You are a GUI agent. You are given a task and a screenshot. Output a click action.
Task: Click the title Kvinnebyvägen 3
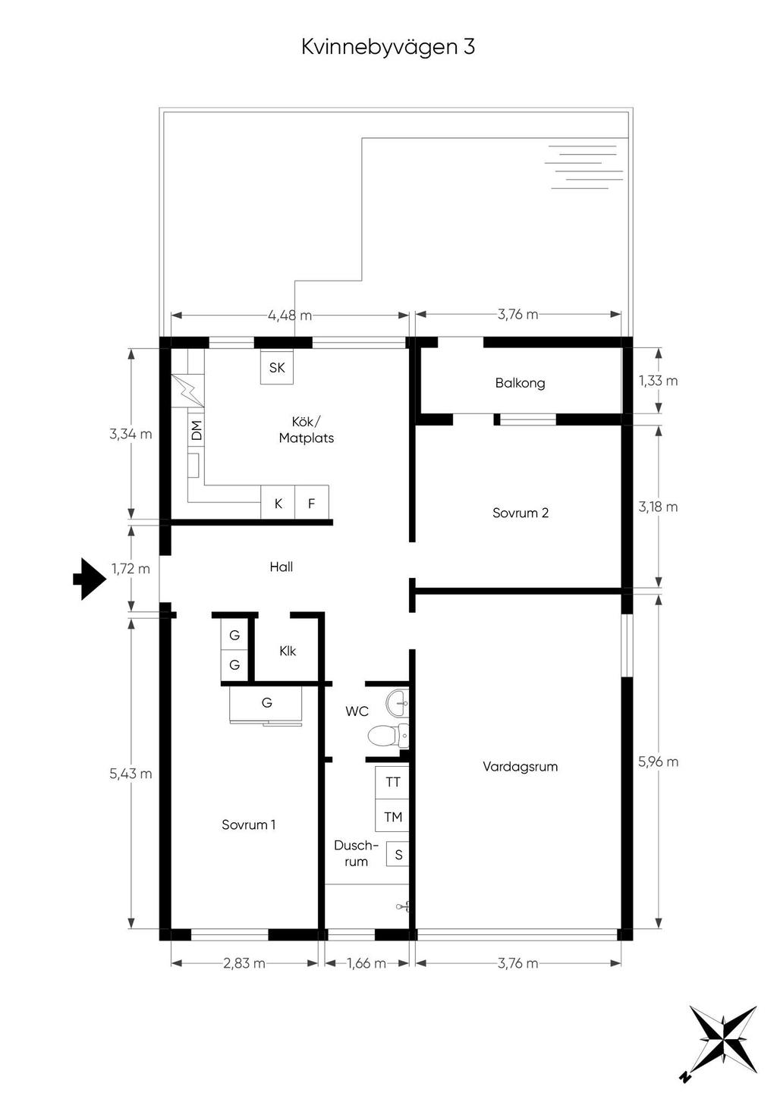[x=388, y=48]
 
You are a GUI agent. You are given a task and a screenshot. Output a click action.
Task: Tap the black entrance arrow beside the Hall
[x=90, y=579]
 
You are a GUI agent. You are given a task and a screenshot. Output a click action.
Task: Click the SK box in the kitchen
[x=277, y=367]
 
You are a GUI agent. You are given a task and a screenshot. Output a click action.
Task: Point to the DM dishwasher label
[x=197, y=430]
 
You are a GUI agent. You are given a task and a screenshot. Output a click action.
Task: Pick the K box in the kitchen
[x=278, y=502]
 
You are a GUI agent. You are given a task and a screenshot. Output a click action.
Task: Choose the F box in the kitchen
[x=312, y=502]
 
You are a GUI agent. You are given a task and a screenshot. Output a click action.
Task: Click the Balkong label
[x=520, y=383]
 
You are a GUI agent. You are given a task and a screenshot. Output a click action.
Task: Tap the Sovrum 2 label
[x=521, y=513]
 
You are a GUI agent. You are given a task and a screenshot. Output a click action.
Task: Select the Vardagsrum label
[x=521, y=766]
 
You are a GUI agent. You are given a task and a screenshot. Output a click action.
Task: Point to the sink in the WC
[x=397, y=703]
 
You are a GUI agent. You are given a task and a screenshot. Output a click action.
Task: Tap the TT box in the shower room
[x=392, y=782]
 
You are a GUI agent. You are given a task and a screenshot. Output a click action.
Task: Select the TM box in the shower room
[x=392, y=815]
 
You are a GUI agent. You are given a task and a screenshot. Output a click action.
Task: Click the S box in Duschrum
[x=398, y=854]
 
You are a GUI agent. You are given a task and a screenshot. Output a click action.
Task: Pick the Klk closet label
[x=288, y=651]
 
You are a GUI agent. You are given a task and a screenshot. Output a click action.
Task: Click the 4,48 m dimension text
[x=290, y=315]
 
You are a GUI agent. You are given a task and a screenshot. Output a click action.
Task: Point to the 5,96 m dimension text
[x=658, y=761]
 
